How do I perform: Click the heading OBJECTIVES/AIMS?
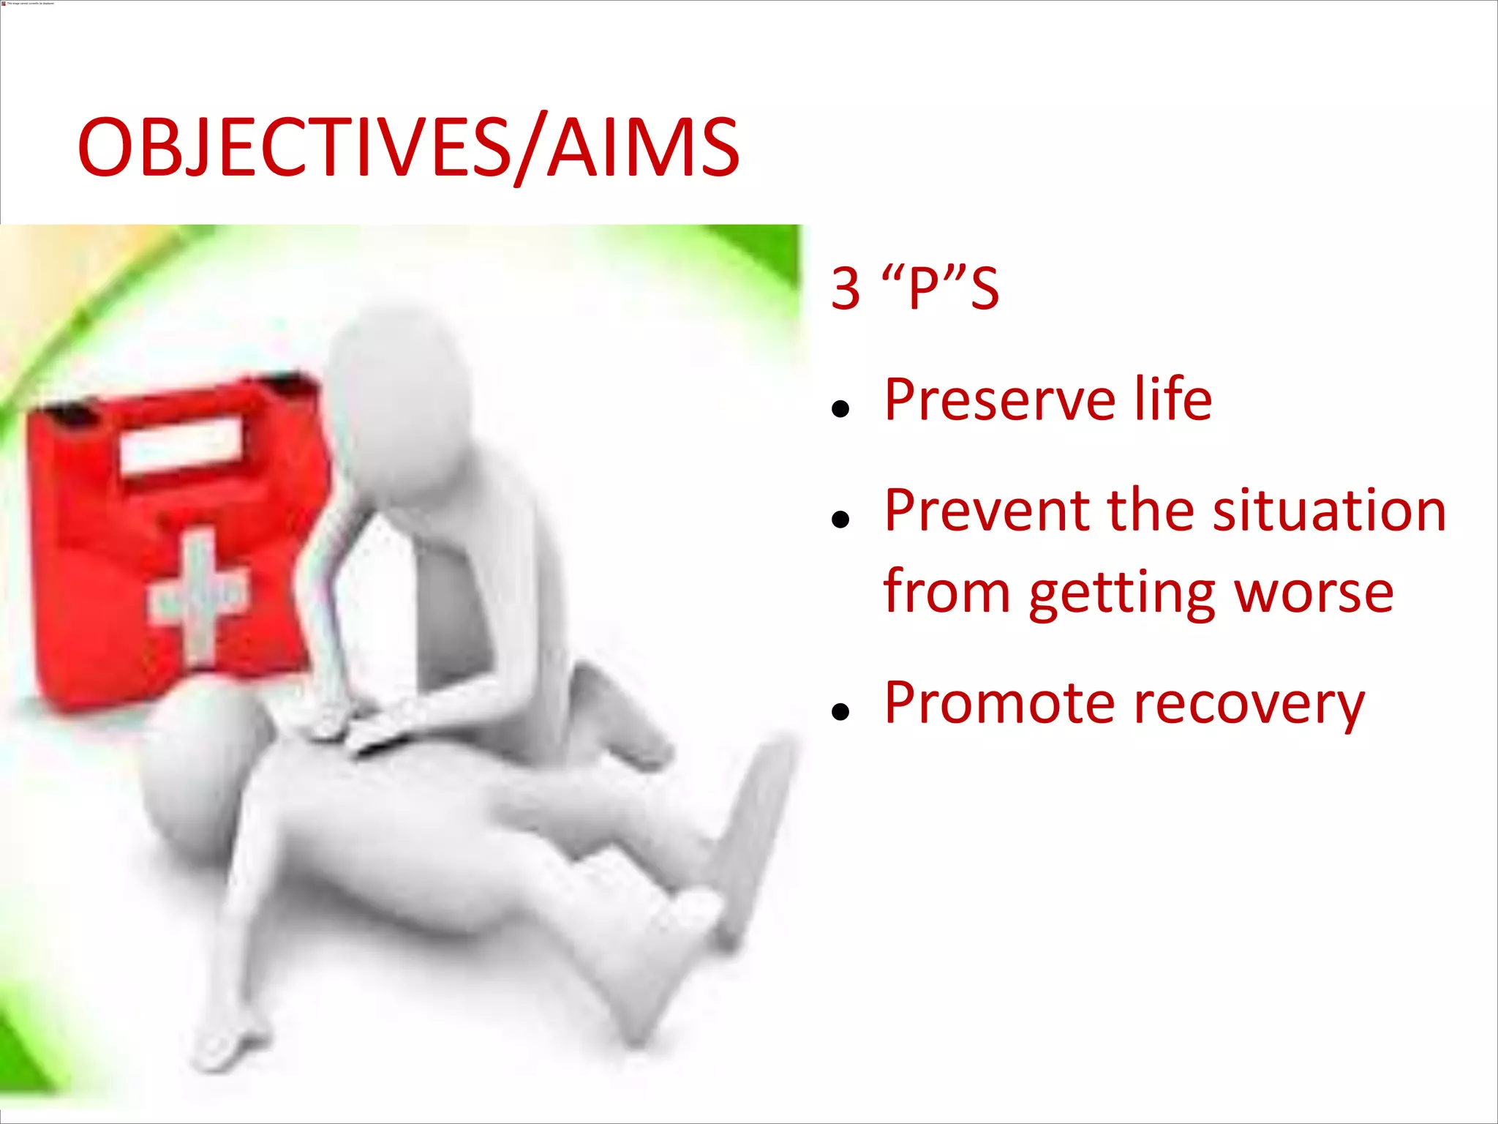pyautogui.click(x=408, y=149)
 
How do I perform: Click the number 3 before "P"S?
pyautogui.click(x=846, y=288)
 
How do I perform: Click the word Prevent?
pyautogui.click(x=987, y=510)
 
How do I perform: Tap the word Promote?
pyautogui.click(x=999, y=703)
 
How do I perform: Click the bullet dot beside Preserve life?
pyautogui.click(x=840, y=409)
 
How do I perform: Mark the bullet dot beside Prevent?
pyautogui.click(x=840, y=520)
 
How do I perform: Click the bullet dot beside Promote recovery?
pyautogui.click(x=840, y=711)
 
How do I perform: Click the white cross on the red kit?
pyautogui.click(x=199, y=593)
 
